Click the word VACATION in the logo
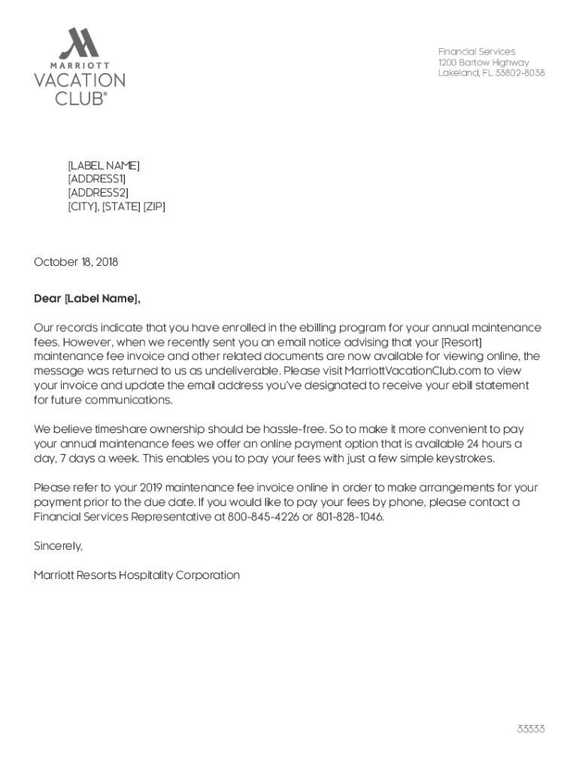pyautogui.click(x=79, y=81)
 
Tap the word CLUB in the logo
pyautogui.click(x=78, y=98)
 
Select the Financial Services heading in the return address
pyautogui.click(x=477, y=51)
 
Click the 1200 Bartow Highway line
pyautogui.click(x=484, y=62)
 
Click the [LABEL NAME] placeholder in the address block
pyautogui.click(x=104, y=166)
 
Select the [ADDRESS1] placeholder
pyautogui.click(x=97, y=179)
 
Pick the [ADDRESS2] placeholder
pyautogui.click(x=98, y=193)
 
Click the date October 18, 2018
pyautogui.click(x=76, y=262)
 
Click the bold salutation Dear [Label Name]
pyautogui.click(x=87, y=299)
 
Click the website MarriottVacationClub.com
pyautogui.click(x=412, y=370)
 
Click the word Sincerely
pyautogui.click(x=58, y=546)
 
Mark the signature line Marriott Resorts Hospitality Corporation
pyautogui.click(x=137, y=575)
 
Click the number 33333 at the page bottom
pyautogui.click(x=530, y=729)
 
